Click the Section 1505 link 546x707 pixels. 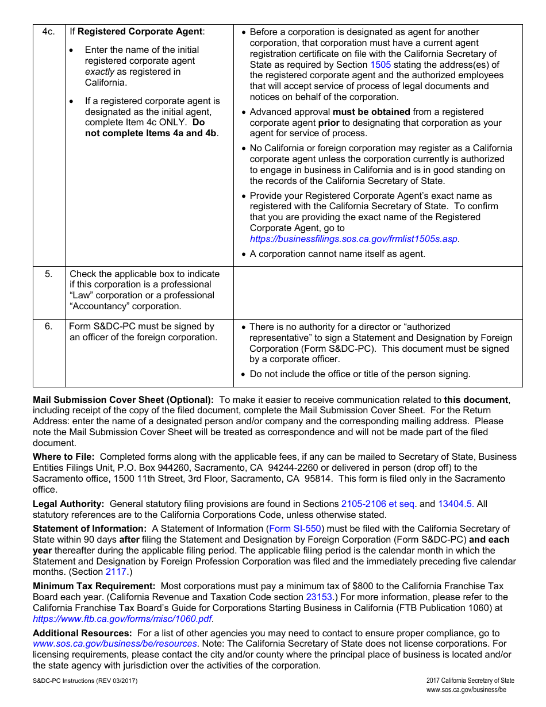point(380,65)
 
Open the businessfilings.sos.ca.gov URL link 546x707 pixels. point(354,239)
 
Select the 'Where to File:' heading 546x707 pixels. point(64,457)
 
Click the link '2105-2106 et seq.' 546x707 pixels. point(379,504)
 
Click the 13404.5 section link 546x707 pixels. point(456,504)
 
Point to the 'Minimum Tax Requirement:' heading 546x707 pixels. point(94,586)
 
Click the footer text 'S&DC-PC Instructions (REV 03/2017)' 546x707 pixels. point(85,681)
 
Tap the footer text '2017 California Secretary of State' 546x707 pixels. point(470,681)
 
